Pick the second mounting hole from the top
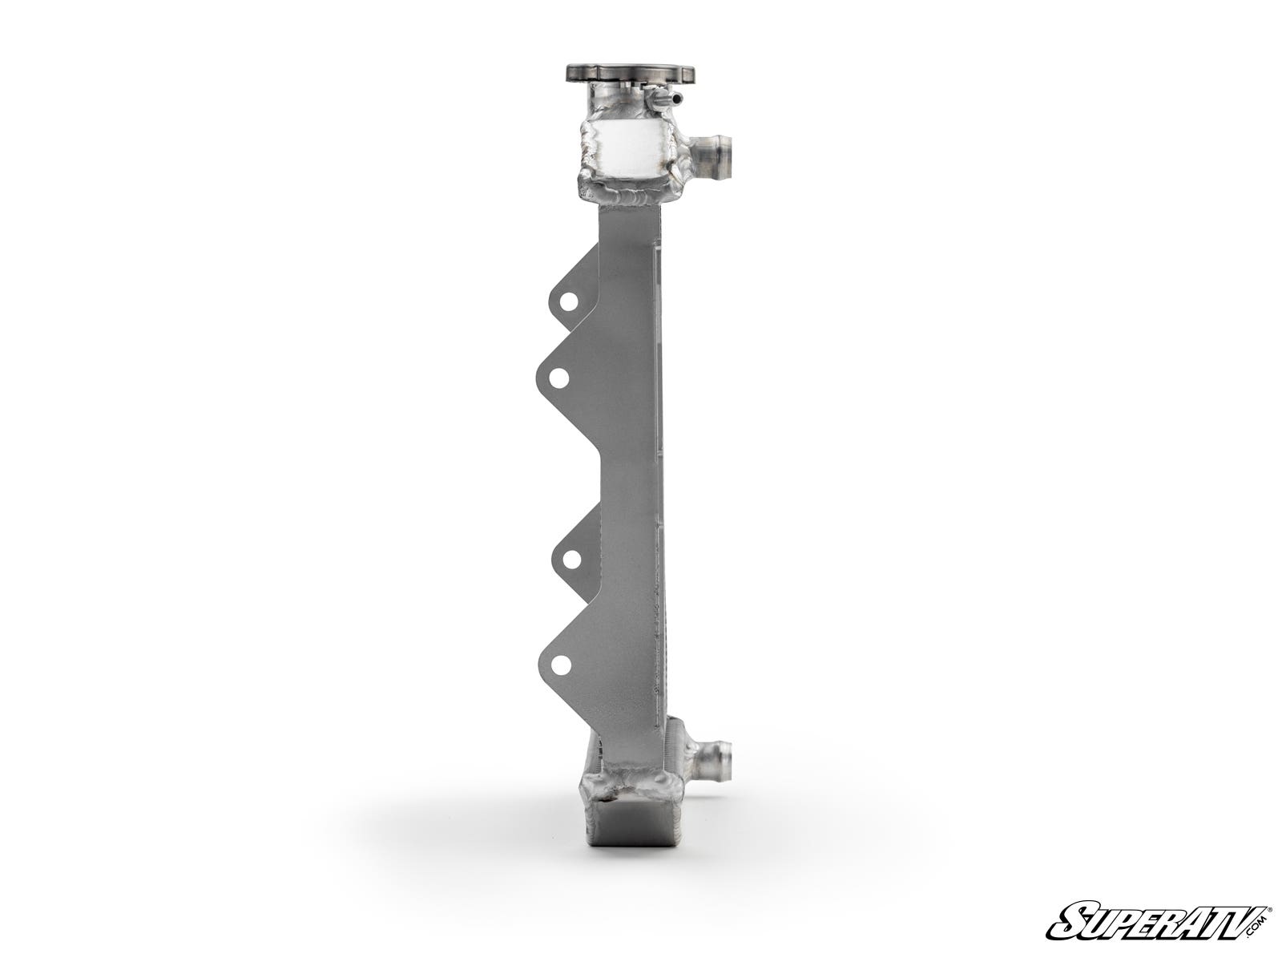tap(559, 377)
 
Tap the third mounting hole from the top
tap(570, 559)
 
